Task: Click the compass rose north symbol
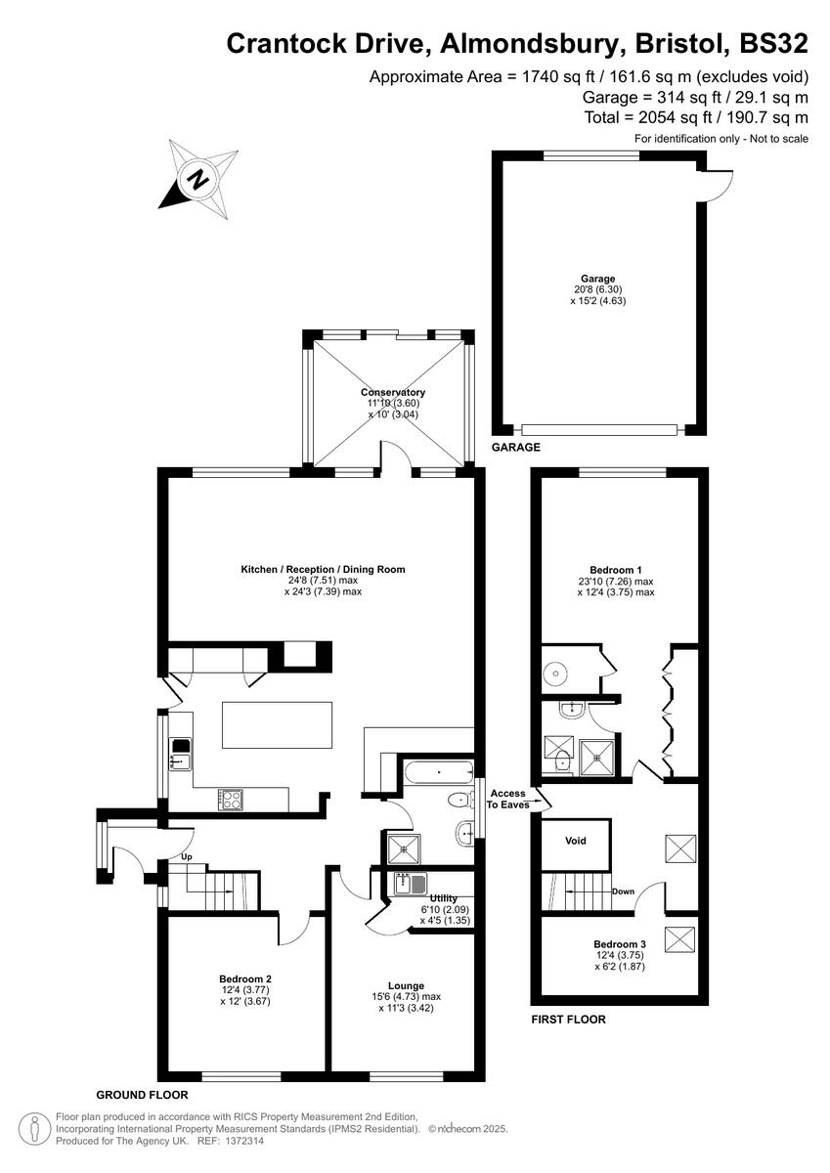coord(200,179)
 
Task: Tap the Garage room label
coord(597,279)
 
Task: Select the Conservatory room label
coord(392,392)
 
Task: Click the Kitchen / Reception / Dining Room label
coord(323,569)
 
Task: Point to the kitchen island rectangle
coord(277,725)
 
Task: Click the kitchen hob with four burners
coord(232,799)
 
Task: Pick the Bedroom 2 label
coord(244,978)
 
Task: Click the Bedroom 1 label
coord(615,569)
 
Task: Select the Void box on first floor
coord(576,841)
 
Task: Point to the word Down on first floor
coord(623,891)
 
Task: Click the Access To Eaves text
coord(508,799)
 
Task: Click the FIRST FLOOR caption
coord(568,1020)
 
